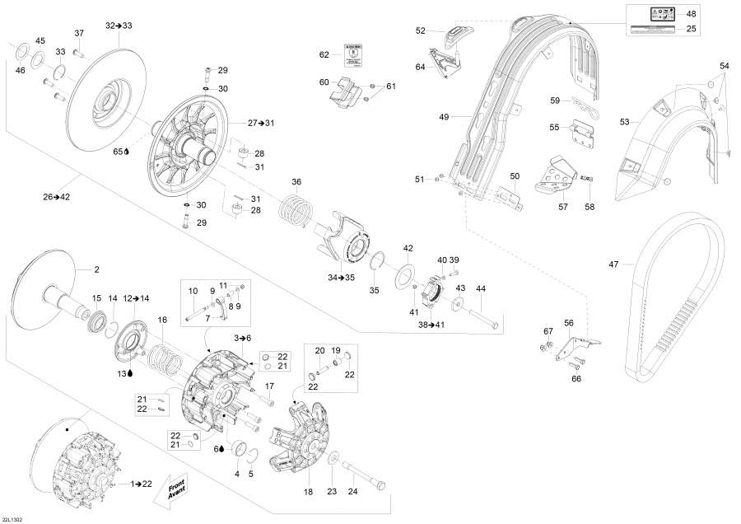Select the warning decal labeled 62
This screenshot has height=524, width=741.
pyautogui.click(x=350, y=55)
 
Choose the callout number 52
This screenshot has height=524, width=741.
pyautogui.click(x=421, y=30)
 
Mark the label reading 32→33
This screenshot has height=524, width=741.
pyautogui.click(x=119, y=26)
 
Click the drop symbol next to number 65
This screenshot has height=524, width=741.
pyautogui.click(x=128, y=152)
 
